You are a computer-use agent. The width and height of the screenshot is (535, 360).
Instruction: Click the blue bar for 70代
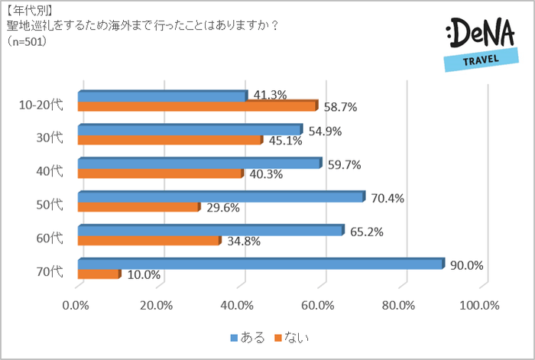click(x=261, y=264)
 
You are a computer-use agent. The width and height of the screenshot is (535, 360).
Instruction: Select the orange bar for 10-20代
click(x=197, y=106)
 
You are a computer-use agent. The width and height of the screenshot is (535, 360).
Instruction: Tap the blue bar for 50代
click(x=222, y=197)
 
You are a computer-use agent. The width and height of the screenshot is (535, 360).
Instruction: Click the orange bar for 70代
click(x=99, y=274)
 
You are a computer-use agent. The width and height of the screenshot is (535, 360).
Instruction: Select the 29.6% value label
click(x=223, y=207)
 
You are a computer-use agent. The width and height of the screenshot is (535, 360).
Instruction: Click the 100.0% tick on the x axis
click(x=479, y=306)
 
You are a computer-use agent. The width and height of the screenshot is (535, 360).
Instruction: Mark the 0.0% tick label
click(x=76, y=306)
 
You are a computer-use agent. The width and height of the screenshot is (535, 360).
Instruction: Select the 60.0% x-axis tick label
click(x=319, y=306)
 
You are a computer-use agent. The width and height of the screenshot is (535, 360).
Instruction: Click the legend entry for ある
click(x=248, y=336)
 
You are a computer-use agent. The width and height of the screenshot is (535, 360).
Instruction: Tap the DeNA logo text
click(x=477, y=35)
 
